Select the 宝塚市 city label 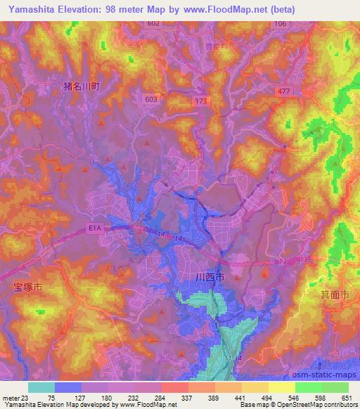tap(28, 288)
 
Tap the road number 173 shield tap(202, 102)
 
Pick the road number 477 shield tap(283, 91)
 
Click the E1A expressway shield tap(94, 228)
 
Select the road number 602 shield tap(154, 24)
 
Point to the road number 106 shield tap(281, 24)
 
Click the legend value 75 tap(51, 398)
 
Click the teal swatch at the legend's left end tap(41, 387)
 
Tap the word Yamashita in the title tap(34, 9)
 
